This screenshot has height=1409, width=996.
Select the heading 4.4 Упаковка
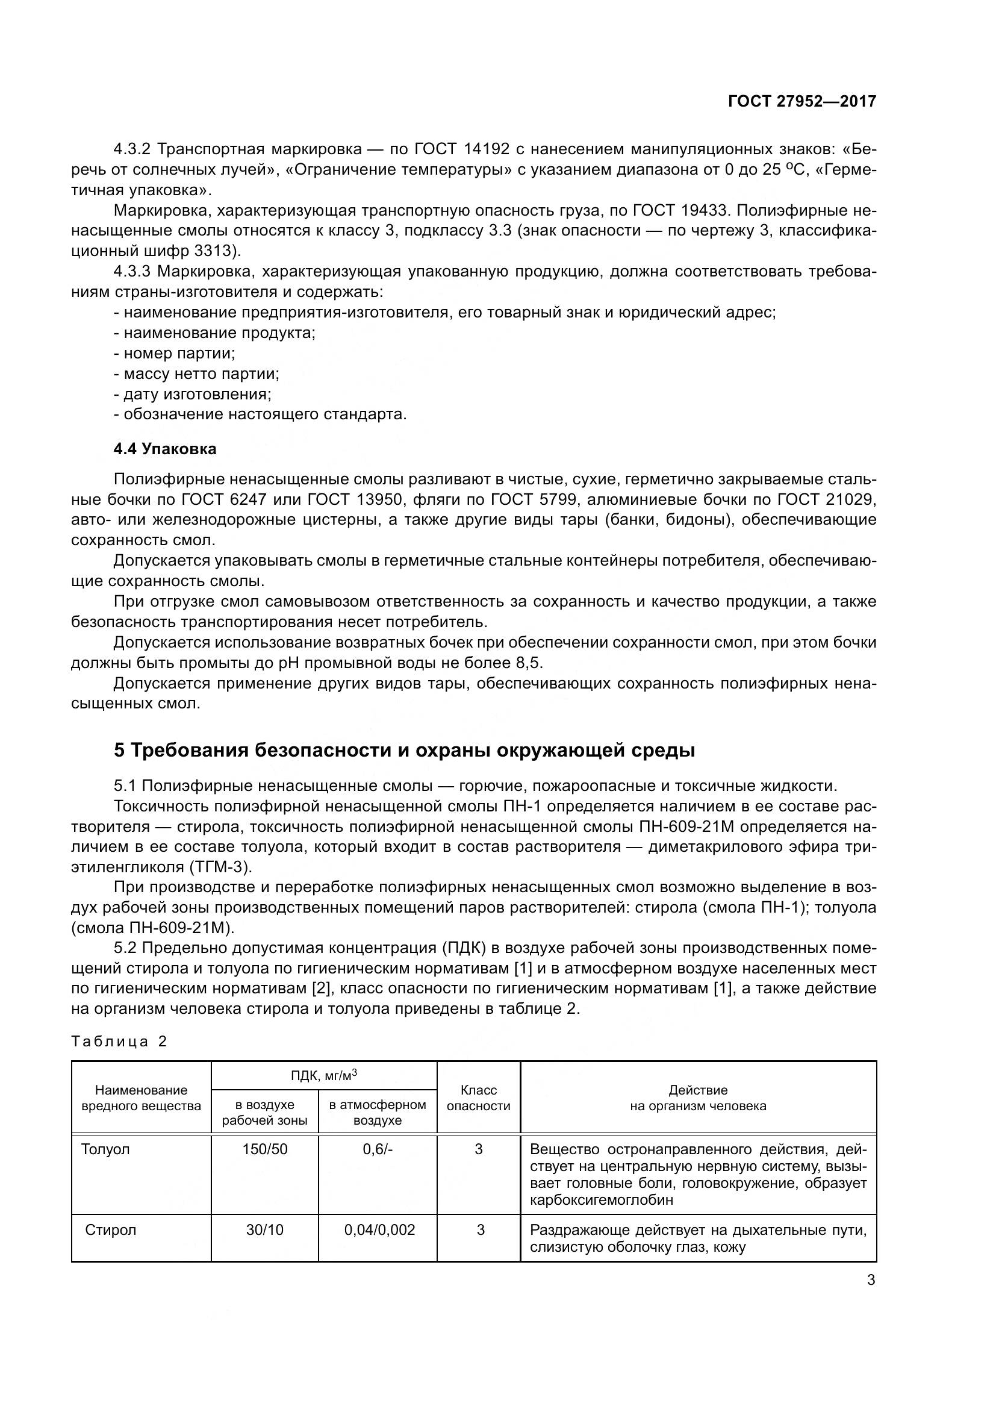click(165, 449)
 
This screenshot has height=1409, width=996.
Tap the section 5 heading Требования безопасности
click(404, 750)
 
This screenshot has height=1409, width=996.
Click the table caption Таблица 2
click(119, 1042)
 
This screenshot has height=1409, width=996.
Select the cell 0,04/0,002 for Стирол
click(379, 1230)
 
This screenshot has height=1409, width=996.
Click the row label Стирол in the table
click(110, 1230)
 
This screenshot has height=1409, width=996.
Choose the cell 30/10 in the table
click(264, 1230)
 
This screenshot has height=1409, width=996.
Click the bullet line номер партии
click(175, 354)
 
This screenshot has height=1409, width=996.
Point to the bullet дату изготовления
click(193, 394)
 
